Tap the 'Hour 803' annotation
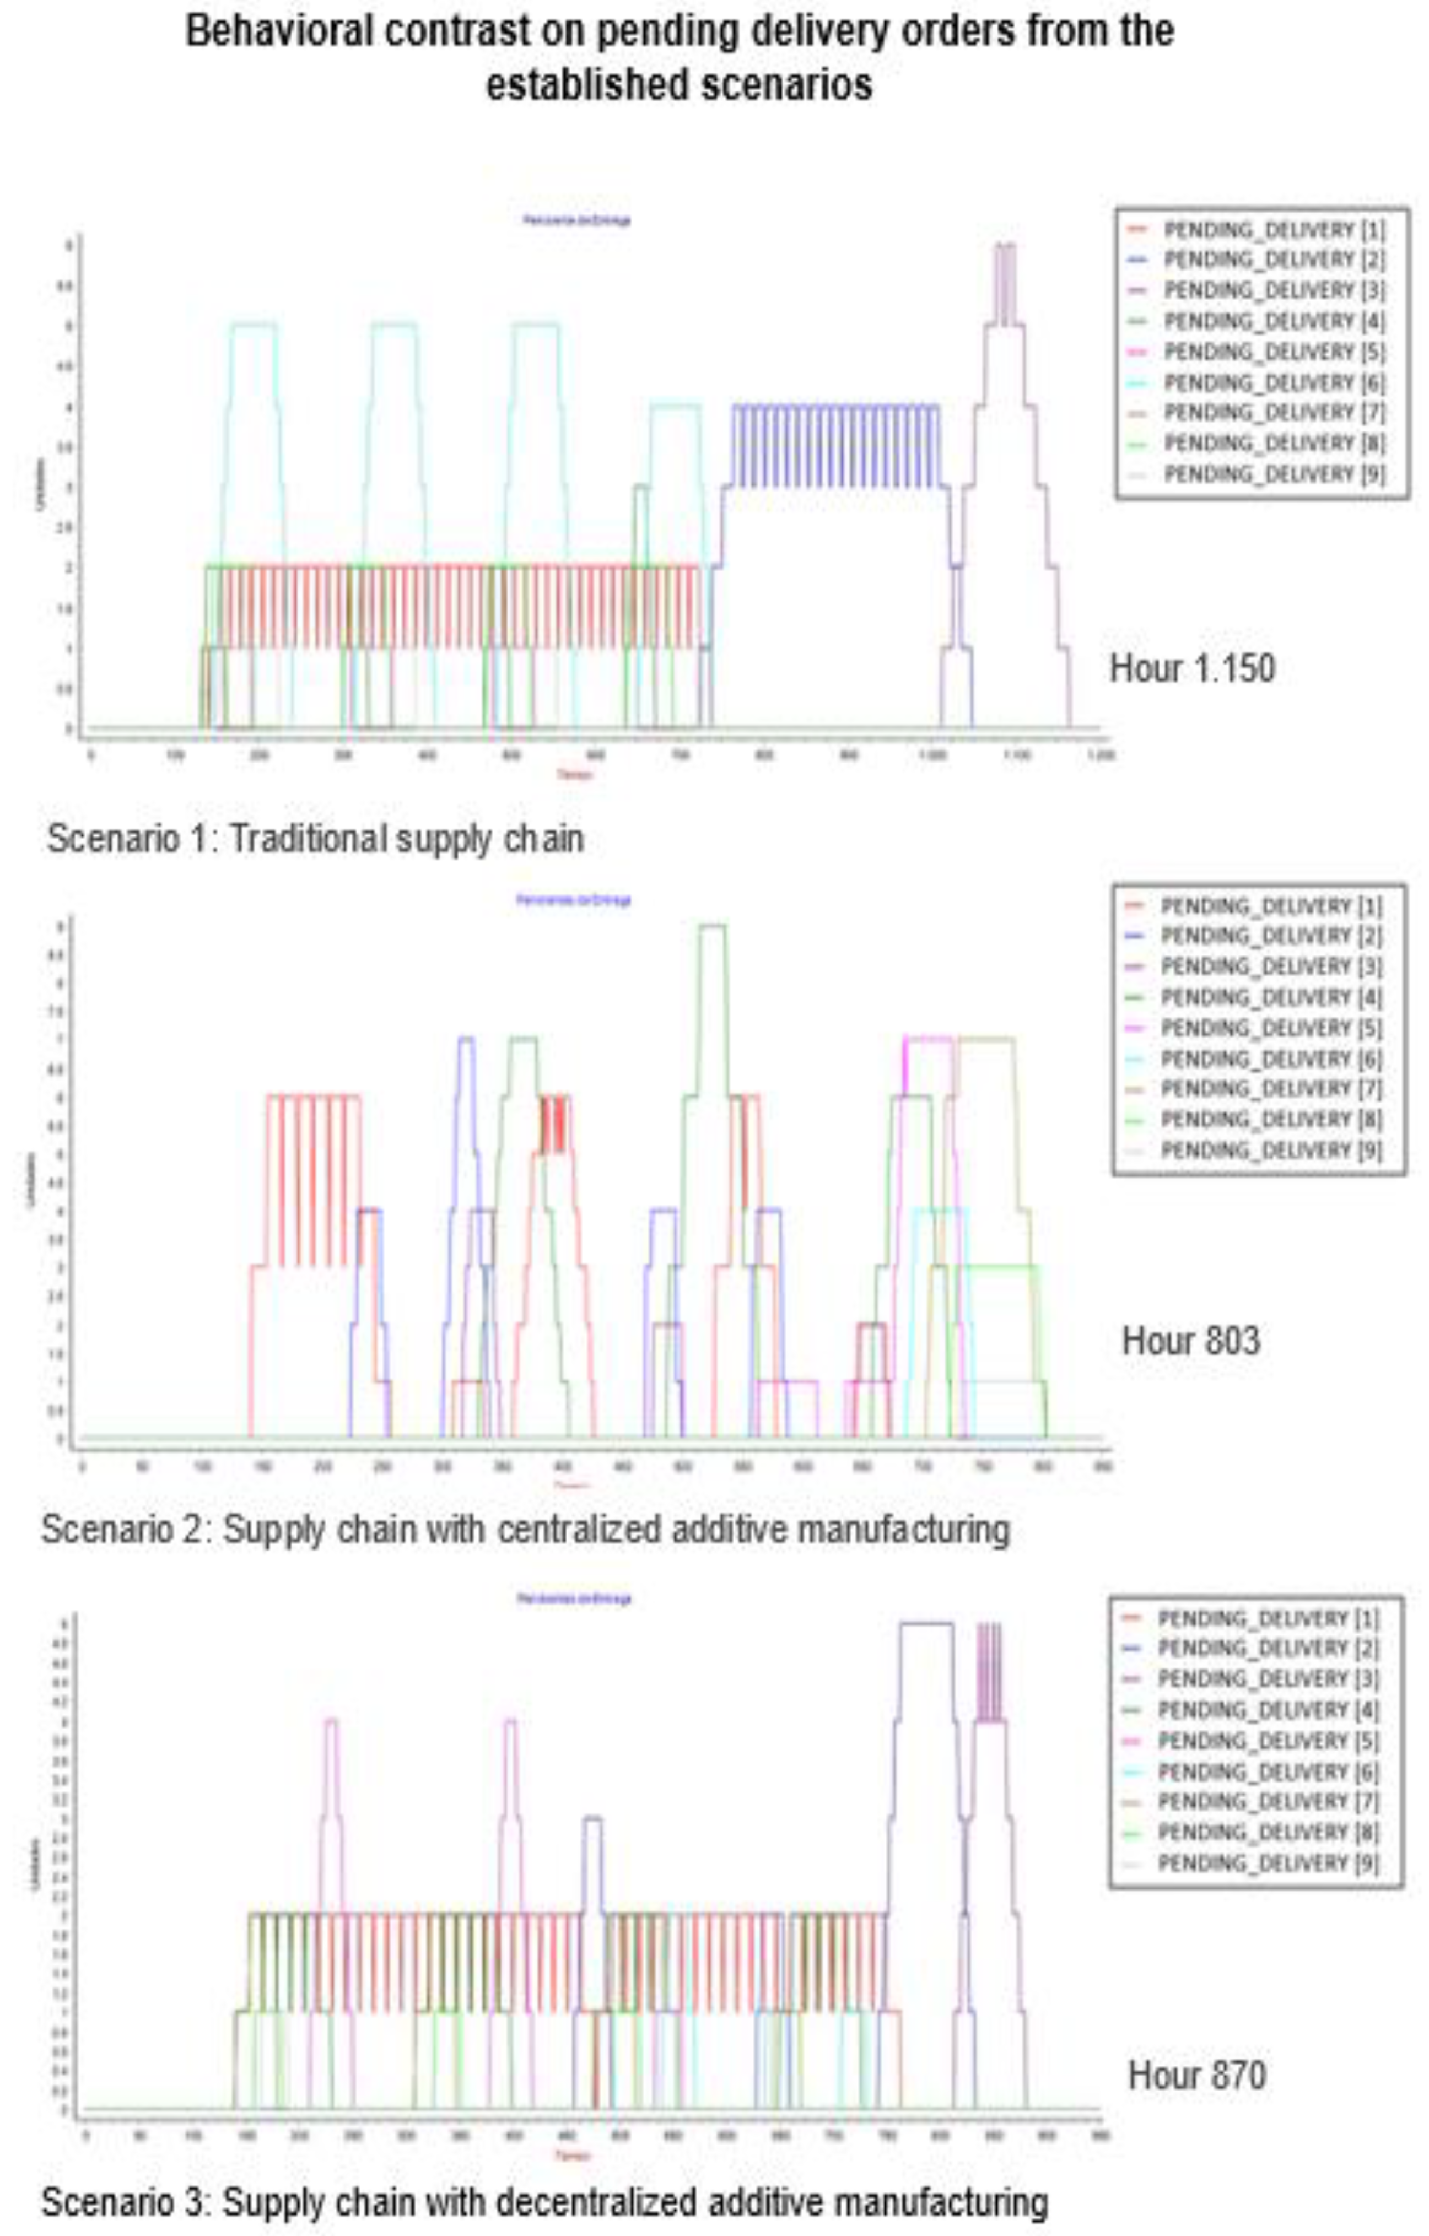tap(1191, 1340)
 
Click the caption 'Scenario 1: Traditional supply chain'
tap(316, 839)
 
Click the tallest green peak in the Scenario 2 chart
tap(712, 927)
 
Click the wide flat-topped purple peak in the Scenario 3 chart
tap(926, 1624)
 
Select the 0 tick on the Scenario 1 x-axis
tap(90, 756)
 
